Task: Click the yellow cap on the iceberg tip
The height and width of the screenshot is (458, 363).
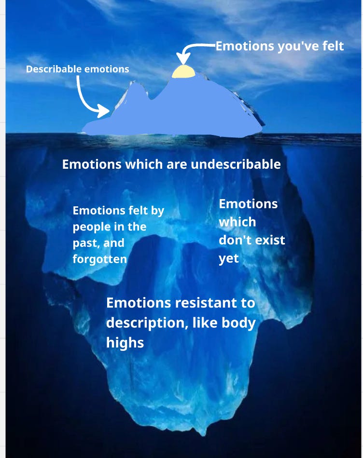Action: [x=183, y=72]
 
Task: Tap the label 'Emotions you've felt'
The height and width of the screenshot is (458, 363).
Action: [x=279, y=46]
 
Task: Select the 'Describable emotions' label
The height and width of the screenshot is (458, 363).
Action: [x=77, y=69]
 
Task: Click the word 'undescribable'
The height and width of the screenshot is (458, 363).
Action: [x=236, y=164]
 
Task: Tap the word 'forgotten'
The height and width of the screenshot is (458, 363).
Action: [x=99, y=259]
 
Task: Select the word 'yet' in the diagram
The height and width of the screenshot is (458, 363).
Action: [x=229, y=258]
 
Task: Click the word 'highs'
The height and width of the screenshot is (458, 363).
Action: [x=125, y=342]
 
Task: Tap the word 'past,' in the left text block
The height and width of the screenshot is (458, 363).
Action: [x=84, y=242]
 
